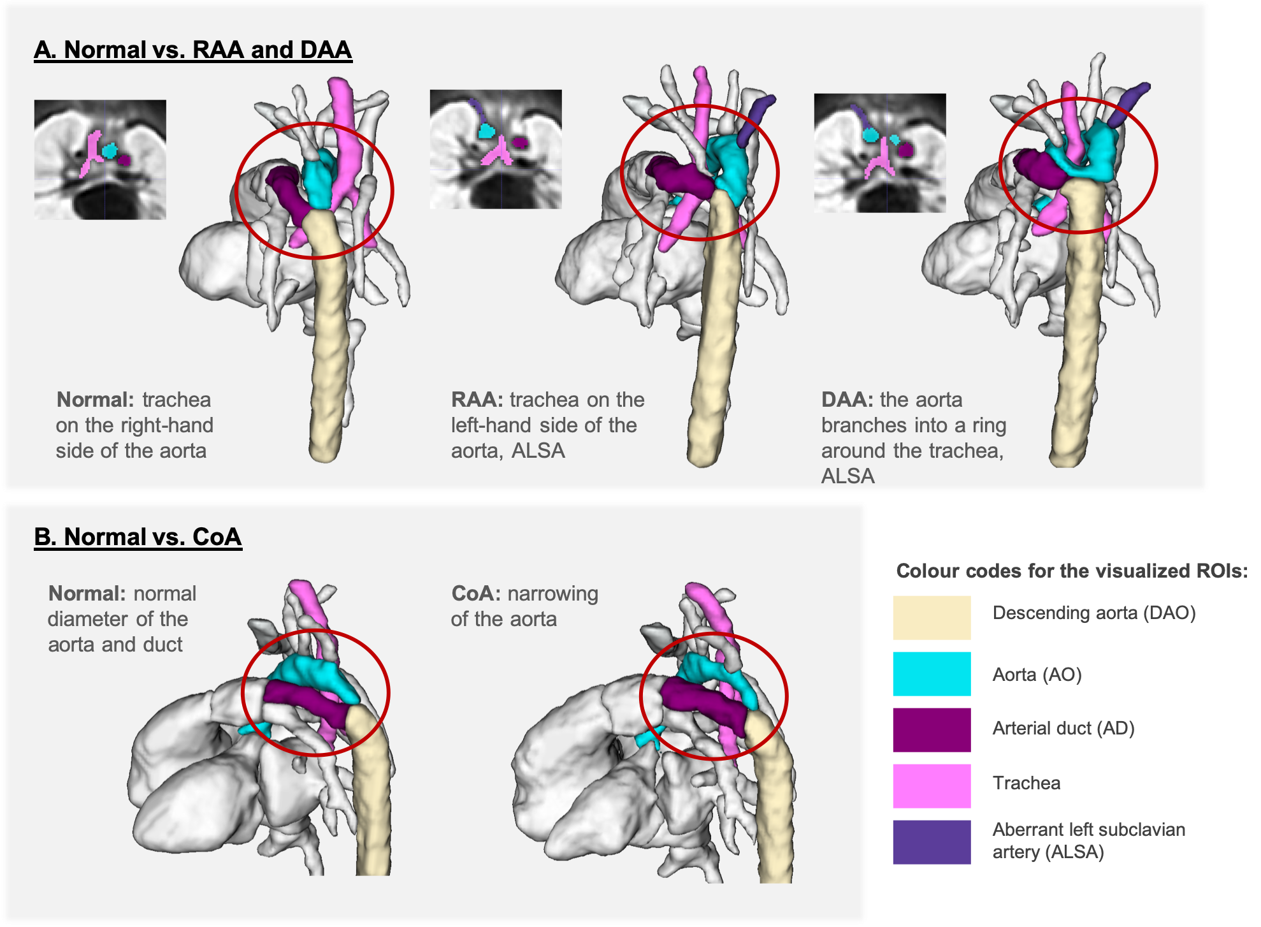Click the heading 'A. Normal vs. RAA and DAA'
tap(192, 50)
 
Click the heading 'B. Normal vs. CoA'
tap(138, 537)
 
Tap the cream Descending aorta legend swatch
tap(931, 617)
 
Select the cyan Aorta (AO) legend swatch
tap(931, 673)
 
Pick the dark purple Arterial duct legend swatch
tap(931, 729)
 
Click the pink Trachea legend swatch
tap(931, 785)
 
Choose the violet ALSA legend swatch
tap(931, 842)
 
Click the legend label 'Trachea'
tap(1026, 783)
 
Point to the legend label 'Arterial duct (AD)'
tap(1063, 728)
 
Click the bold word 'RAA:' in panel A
tap(477, 400)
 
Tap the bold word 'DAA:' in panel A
tap(847, 400)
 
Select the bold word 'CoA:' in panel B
tap(476, 594)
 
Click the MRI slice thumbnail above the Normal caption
tap(100, 159)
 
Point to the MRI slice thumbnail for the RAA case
tap(496, 149)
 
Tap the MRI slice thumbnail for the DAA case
tap(880, 153)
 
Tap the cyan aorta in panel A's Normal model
tap(317, 182)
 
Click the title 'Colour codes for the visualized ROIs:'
tap(1071, 571)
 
